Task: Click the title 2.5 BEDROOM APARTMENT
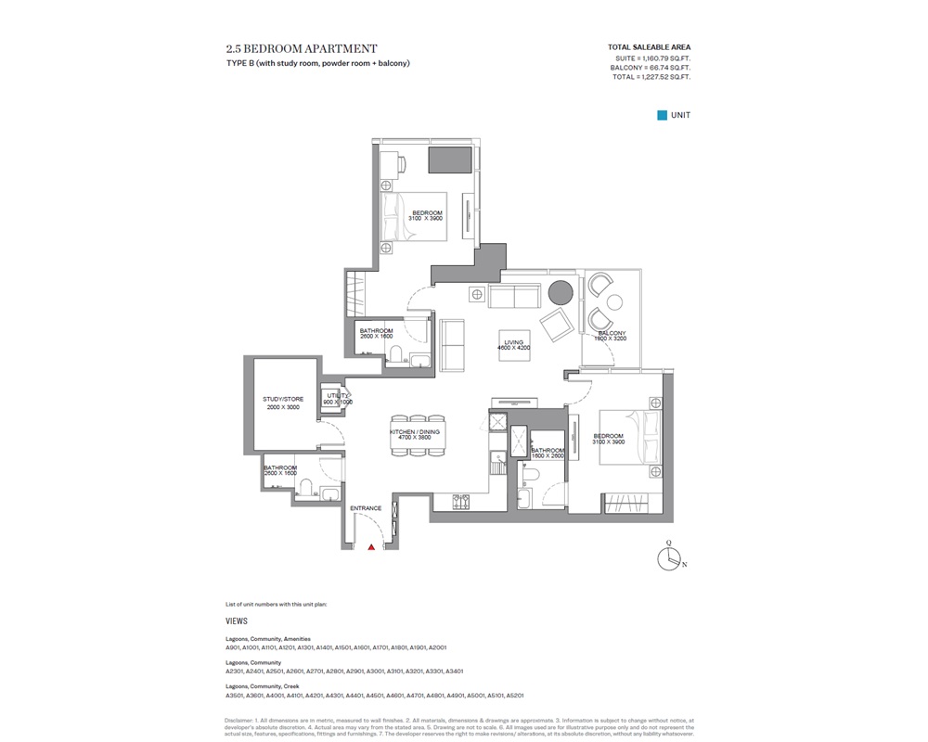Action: coord(301,48)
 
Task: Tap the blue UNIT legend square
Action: coord(663,115)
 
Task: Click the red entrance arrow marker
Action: coord(371,548)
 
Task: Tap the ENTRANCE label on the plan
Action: coord(366,508)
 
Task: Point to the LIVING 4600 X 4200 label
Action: coord(514,345)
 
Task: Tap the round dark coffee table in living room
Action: coord(561,294)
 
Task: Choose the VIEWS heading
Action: coord(237,620)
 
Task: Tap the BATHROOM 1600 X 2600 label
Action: coord(548,453)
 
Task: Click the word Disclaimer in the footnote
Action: coord(244,720)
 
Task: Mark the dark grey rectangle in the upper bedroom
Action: coord(448,159)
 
